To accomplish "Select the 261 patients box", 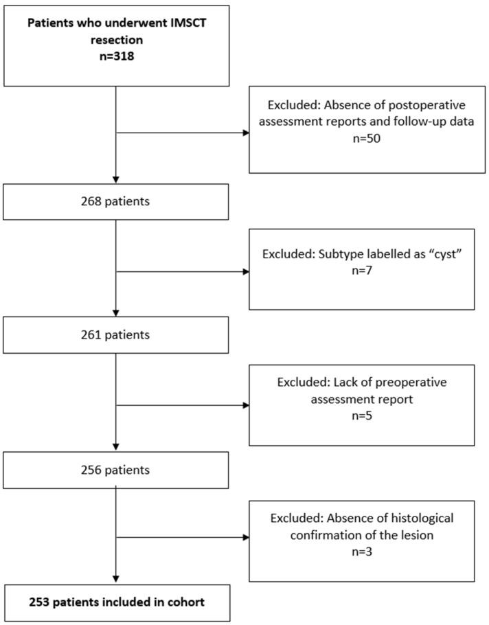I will [x=115, y=337].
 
